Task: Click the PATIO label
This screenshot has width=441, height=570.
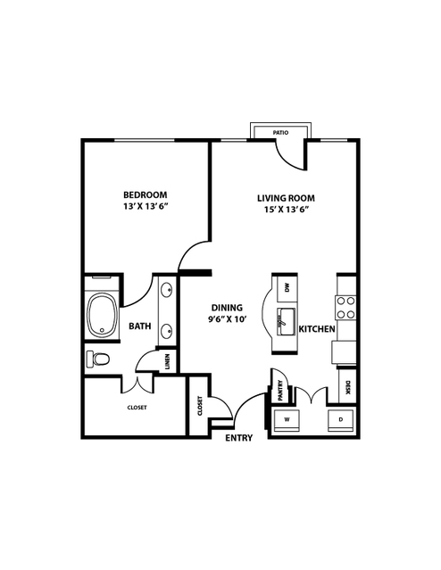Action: click(280, 133)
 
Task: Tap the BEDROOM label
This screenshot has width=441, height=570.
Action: click(146, 194)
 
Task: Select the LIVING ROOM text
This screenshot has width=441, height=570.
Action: click(286, 198)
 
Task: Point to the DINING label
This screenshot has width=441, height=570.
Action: click(227, 308)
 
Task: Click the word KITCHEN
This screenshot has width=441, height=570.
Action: click(317, 329)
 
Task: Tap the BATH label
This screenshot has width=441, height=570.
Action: click(140, 326)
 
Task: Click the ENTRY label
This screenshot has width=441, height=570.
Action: click(239, 438)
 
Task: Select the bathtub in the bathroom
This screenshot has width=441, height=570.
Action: click(103, 315)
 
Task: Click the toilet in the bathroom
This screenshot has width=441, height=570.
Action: click(98, 359)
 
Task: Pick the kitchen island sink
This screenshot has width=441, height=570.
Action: click(287, 322)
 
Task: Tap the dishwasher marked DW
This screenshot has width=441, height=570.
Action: click(287, 289)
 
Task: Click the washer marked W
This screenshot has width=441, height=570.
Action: click(287, 420)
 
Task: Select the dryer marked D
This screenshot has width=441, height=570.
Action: click(341, 420)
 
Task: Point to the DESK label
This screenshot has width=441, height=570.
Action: click(347, 387)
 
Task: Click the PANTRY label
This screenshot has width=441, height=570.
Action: click(280, 391)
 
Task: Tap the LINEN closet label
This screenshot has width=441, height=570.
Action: click(167, 361)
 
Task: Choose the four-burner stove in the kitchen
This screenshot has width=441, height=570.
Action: click(345, 308)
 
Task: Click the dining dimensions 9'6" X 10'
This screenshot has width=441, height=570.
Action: click(228, 319)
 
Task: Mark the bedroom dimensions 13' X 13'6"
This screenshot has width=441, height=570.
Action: click(146, 206)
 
